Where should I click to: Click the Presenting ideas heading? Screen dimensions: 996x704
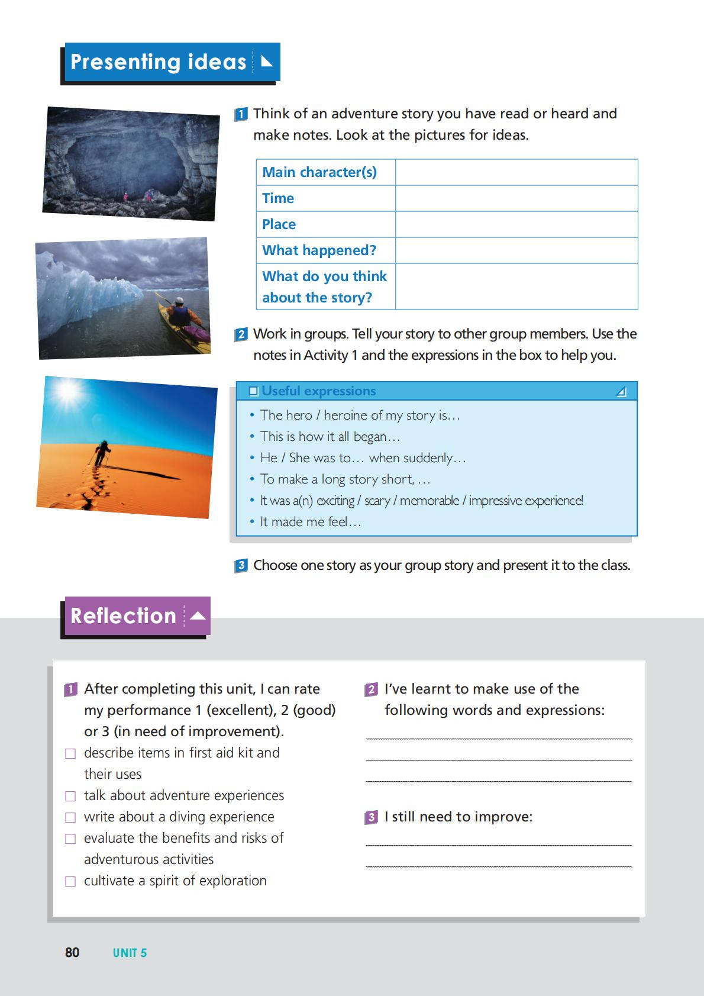click(x=158, y=62)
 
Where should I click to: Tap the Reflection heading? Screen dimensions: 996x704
click(x=123, y=616)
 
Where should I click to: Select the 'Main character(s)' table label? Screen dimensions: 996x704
click(x=319, y=172)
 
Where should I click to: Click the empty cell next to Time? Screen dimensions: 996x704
click(x=516, y=198)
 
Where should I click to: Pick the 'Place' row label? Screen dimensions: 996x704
click(x=279, y=224)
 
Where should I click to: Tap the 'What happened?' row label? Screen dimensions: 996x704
click(x=319, y=250)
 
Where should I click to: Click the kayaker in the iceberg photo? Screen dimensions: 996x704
click(x=180, y=314)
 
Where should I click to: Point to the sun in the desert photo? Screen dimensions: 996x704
click(x=67, y=391)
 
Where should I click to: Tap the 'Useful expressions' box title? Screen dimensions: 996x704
click(x=318, y=391)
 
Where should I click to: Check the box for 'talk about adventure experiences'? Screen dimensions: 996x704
click(x=70, y=796)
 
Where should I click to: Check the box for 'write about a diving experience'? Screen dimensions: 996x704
click(x=70, y=817)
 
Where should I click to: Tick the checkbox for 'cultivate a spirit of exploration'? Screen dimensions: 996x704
click(x=70, y=881)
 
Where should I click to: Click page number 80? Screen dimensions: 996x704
click(x=72, y=952)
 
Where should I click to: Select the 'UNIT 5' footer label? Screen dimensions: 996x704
click(x=130, y=953)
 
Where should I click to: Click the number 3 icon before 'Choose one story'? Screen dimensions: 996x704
click(x=241, y=566)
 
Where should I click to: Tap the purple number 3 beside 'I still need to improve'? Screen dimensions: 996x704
click(x=371, y=817)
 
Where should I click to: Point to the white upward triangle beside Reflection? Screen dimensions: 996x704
click(x=198, y=616)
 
